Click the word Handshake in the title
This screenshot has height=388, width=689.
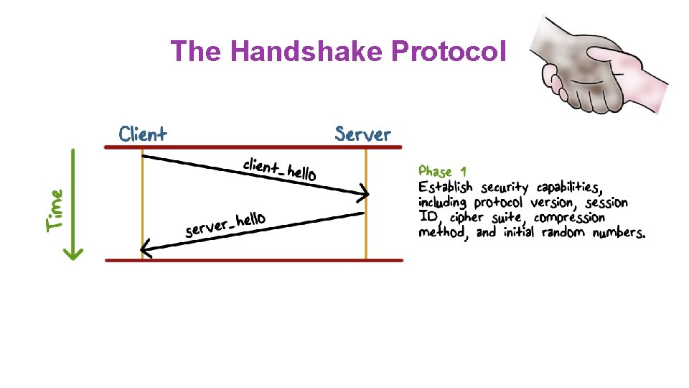(x=308, y=51)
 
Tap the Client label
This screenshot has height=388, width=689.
(x=143, y=134)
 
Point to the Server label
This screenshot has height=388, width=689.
(x=363, y=134)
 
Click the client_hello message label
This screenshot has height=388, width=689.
(x=279, y=169)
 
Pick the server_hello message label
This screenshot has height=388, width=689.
(x=225, y=223)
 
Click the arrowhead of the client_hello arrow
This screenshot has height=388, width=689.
(x=365, y=193)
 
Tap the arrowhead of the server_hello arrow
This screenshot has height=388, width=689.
(x=146, y=251)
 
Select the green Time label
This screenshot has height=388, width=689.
(x=55, y=209)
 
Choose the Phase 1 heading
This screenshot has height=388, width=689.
(x=442, y=172)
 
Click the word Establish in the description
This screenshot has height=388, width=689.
(x=446, y=188)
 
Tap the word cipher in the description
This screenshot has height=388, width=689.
(x=467, y=218)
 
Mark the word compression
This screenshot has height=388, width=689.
(x=569, y=218)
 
